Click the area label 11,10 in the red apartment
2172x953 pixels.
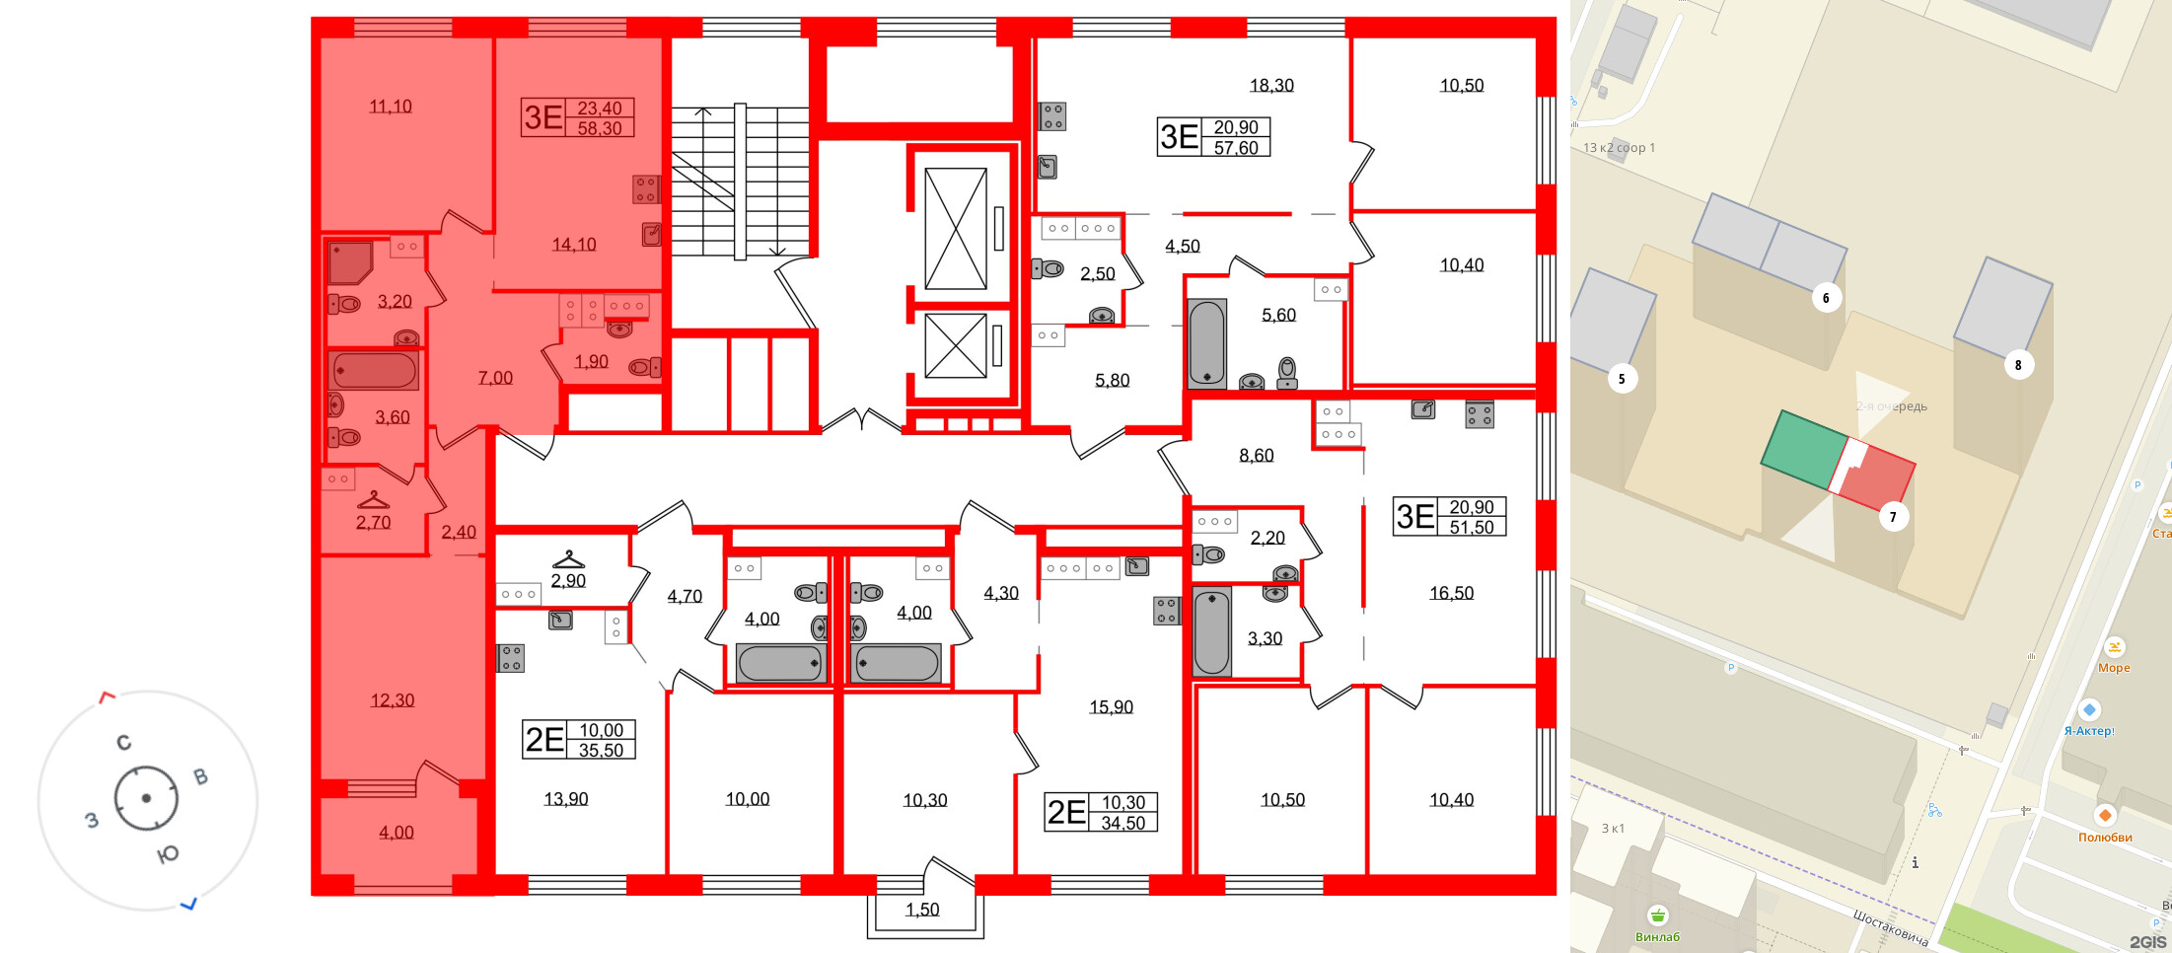[x=391, y=107]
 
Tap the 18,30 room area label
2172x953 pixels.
[x=1271, y=86]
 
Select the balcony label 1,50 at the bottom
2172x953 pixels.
[x=922, y=910]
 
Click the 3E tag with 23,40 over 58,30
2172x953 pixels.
[x=578, y=118]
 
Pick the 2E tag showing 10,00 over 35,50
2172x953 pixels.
[x=579, y=740]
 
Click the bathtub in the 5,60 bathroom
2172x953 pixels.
[x=1206, y=342]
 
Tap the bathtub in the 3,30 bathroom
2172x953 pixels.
[x=1212, y=631]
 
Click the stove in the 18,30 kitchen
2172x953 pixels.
[x=1052, y=116]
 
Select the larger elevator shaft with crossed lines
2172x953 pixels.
[x=955, y=229]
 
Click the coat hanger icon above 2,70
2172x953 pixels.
[x=373, y=500]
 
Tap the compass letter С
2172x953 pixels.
[x=123, y=743]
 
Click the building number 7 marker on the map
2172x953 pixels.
[x=1892, y=517]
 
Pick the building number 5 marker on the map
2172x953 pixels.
[x=1622, y=379]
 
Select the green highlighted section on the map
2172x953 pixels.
[x=1803, y=451]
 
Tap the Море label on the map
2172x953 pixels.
[x=2114, y=668]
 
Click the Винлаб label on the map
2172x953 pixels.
[x=1657, y=937]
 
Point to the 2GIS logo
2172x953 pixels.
[x=2147, y=942]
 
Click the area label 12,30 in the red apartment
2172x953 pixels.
[x=393, y=700]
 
